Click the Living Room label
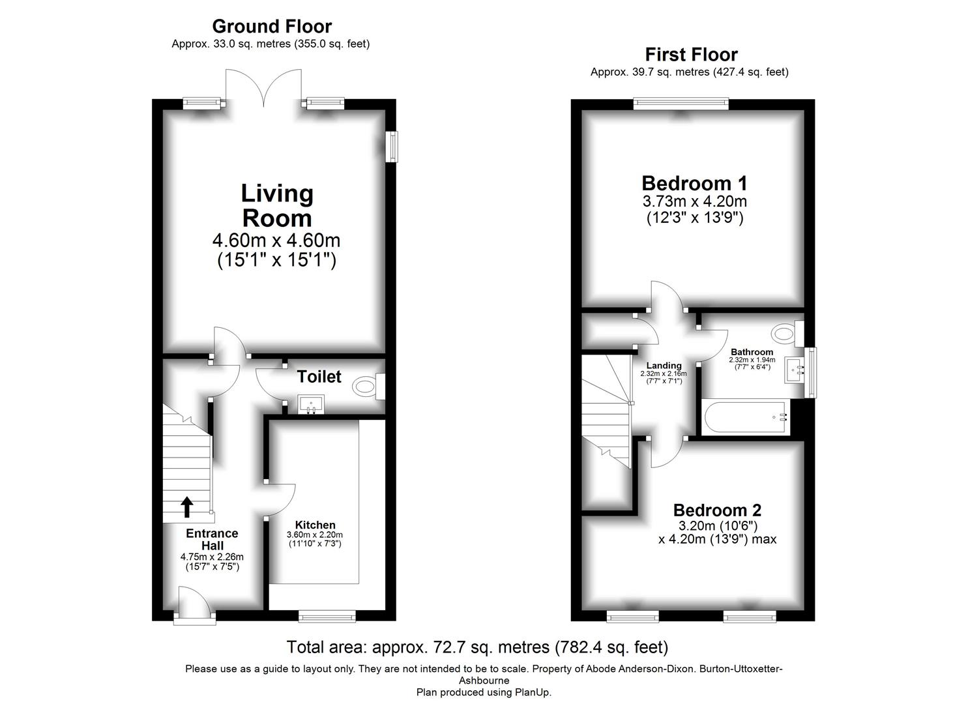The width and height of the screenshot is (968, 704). pos(276,205)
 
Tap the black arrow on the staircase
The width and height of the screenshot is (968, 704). pos(187,506)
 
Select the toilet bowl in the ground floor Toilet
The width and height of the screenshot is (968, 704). pos(366,387)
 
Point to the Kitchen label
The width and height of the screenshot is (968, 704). pos(315,525)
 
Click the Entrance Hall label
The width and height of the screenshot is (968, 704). pos(212,539)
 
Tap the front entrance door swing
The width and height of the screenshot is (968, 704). pos(194,602)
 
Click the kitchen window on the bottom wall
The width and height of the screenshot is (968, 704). pos(327,616)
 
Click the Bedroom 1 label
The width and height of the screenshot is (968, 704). pos(694,183)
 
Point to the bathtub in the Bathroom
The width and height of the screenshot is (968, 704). pos(743,418)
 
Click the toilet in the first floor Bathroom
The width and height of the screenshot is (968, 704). pos(785,334)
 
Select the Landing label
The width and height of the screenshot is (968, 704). pos(664,366)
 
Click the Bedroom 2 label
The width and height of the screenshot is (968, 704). pos(717,510)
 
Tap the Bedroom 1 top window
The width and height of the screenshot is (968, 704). pos(681,103)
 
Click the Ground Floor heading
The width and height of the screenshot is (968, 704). pos(272,26)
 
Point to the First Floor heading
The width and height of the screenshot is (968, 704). pos(691,54)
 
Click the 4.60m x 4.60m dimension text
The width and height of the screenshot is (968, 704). pos(276,241)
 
